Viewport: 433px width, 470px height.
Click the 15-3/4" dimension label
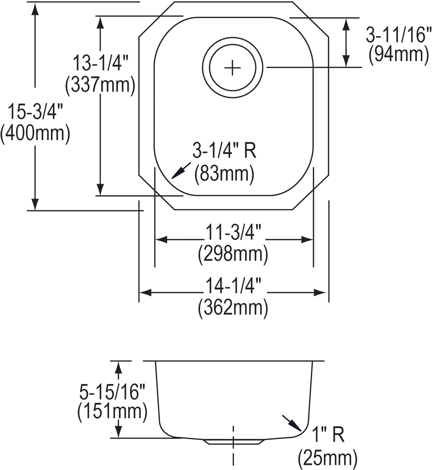(35, 111)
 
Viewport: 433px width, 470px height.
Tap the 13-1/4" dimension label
(100, 63)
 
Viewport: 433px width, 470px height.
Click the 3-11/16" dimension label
(399, 35)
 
